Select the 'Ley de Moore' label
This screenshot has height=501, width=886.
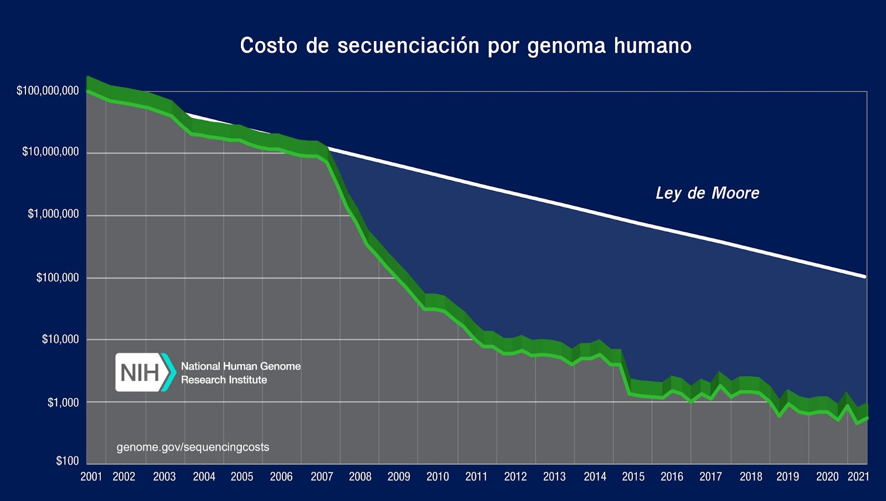[707, 193]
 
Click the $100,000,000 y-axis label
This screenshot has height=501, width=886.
[48, 90]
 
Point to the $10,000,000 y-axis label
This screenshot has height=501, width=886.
[50, 151]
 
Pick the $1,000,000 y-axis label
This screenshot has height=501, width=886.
[53, 214]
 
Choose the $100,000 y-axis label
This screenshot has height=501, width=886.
[58, 277]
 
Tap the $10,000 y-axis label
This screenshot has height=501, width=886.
[60, 339]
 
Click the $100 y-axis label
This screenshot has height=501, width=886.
[67, 461]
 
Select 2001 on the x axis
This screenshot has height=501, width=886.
[91, 477]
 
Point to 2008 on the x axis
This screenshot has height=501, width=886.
[360, 477]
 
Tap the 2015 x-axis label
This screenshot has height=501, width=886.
[633, 477]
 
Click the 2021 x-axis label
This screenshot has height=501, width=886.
[858, 477]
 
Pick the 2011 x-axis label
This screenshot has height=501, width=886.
[476, 477]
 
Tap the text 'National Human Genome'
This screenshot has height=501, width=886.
[241, 366]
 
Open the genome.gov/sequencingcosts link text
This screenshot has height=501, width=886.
[193, 447]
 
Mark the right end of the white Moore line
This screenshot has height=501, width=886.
[865, 277]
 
